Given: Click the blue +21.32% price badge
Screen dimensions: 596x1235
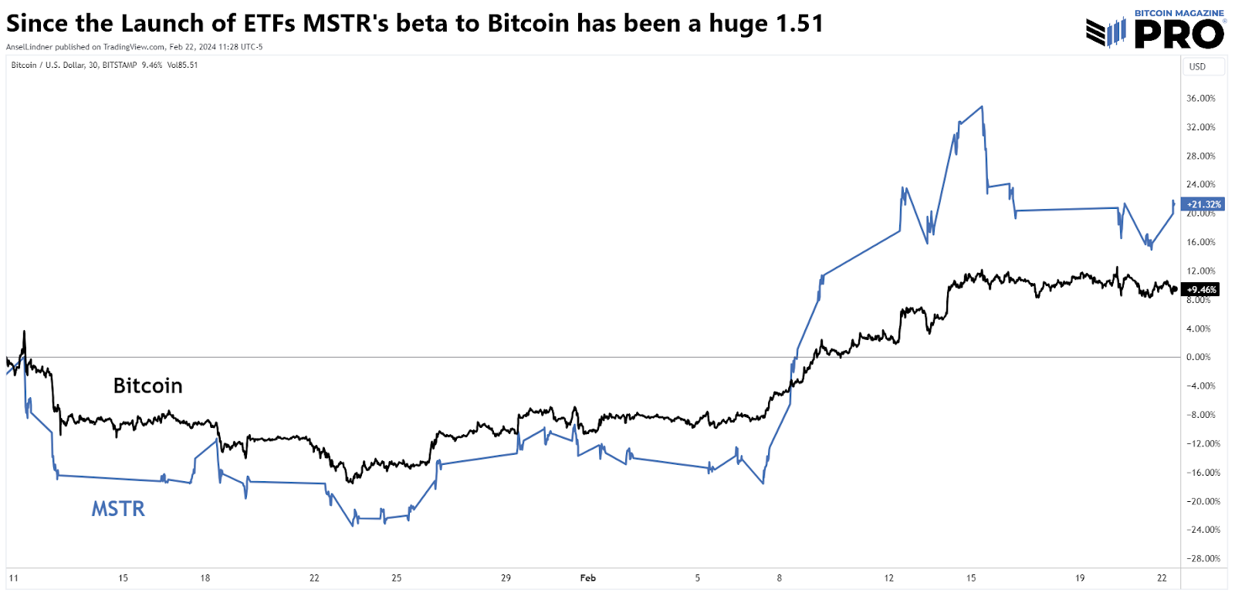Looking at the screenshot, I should point(1204,204).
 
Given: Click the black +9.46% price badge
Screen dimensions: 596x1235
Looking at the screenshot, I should point(1202,290).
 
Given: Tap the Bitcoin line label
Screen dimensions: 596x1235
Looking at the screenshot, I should point(147,386).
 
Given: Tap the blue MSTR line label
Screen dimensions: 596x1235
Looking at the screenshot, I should point(118,509).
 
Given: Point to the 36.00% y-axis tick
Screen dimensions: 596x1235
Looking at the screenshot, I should point(1200,99).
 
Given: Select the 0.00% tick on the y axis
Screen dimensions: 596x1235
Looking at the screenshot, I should point(1198,357).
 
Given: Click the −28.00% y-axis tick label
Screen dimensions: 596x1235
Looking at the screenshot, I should point(1203,558).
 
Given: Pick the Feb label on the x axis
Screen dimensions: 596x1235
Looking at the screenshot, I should point(587,577).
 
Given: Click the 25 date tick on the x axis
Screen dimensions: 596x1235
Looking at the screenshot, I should point(396,577).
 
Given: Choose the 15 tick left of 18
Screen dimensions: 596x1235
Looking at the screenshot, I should point(123,577).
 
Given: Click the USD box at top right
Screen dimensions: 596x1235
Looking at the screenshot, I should point(1203,66).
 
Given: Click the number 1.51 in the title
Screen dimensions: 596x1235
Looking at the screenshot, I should point(799,24).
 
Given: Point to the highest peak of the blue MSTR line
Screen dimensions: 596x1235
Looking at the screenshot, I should point(982,106).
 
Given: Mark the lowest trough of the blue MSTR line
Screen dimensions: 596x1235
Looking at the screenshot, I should point(353,526).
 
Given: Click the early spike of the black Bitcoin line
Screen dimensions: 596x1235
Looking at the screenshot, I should point(24,332).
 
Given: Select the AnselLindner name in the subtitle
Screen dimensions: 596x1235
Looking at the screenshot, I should point(29,47).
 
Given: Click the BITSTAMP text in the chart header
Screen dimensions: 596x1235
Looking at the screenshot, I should point(119,65).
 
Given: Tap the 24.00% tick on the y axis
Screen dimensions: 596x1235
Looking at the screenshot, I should point(1200,184).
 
